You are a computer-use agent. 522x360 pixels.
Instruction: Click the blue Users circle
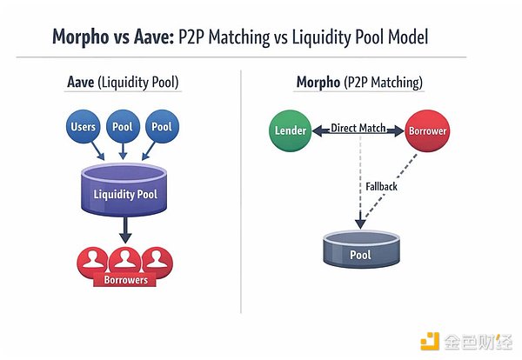pyautogui.click(x=84, y=126)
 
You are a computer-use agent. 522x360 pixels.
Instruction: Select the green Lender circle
pyautogui.click(x=290, y=130)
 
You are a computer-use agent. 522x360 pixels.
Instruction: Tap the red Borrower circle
pyautogui.click(x=427, y=130)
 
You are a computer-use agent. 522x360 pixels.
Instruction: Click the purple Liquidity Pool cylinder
pyautogui.click(x=124, y=190)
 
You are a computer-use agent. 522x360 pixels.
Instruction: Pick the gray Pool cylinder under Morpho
pyautogui.click(x=362, y=250)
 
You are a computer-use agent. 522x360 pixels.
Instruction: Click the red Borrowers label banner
pyautogui.click(x=125, y=280)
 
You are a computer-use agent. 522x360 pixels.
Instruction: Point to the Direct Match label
pyautogui.click(x=358, y=128)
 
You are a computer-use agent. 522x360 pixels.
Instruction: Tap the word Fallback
pyautogui.click(x=381, y=187)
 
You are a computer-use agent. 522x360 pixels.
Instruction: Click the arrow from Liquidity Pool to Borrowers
pyautogui.click(x=125, y=230)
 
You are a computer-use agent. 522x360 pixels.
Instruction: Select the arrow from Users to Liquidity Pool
pyautogui.click(x=97, y=150)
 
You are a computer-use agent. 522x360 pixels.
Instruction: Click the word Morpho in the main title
pyautogui.click(x=81, y=37)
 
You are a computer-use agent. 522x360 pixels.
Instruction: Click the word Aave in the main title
pyautogui.click(x=154, y=37)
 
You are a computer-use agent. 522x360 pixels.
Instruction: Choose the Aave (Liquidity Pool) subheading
pyautogui.click(x=123, y=82)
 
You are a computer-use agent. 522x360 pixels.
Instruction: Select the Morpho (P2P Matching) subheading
pyautogui.click(x=359, y=83)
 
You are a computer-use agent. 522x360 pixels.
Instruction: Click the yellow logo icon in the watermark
pyautogui.click(x=430, y=342)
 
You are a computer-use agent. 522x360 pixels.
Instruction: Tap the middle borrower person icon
pyautogui.click(x=125, y=261)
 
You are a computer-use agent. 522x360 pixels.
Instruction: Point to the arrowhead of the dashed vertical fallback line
pyautogui.click(x=360, y=223)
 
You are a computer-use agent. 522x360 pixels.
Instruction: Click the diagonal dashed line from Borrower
pyautogui.click(x=391, y=186)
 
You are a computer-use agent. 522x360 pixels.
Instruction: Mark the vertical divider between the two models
pyautogui.click(x=241, y=191)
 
